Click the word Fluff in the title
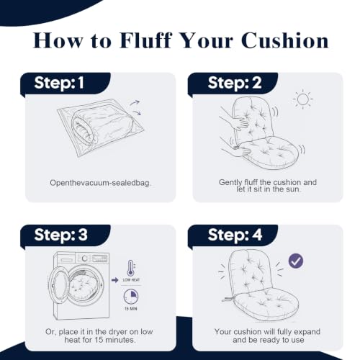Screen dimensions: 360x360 pyautogui.click(x=145, y=40)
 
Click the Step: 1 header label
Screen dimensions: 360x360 pyautogui.click(x=59, y=84)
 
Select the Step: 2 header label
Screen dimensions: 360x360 pyautogui.click(x=235, y=84)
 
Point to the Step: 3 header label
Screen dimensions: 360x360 pyautogui.click(x=61, y=235)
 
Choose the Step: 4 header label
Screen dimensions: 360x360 pyautogui.click(x=235, y=235)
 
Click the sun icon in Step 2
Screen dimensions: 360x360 pyautogui.click(x=303, y=99)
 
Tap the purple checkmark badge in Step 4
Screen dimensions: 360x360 pyautogui.click(x=296, y=261)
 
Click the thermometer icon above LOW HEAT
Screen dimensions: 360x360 pyautogui.click(x=130, y=268)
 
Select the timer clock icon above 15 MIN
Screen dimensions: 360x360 pyautogui.click(x=131, y=297)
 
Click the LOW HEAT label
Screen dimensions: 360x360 pyautogui.click(x=131, y=280)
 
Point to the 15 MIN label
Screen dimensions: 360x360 pyautogui.click(x=131, y=309)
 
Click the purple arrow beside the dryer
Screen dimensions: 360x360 pyautogui.click(x=115, y=280)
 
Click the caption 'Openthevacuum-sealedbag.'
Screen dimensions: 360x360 pyautogui.click(x=101, y=183)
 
